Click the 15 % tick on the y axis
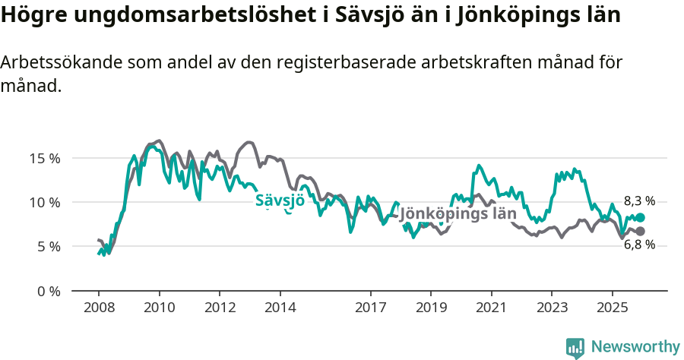(45, 159)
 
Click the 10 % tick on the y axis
(45, 203)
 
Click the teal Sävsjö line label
(280, 201)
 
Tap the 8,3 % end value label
(639, 201)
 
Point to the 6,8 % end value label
(639, 245)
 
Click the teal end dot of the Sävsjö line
(641, 217)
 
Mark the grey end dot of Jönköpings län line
(641, 231)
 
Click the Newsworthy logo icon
(575, 347)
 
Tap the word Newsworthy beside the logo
(635, 347)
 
